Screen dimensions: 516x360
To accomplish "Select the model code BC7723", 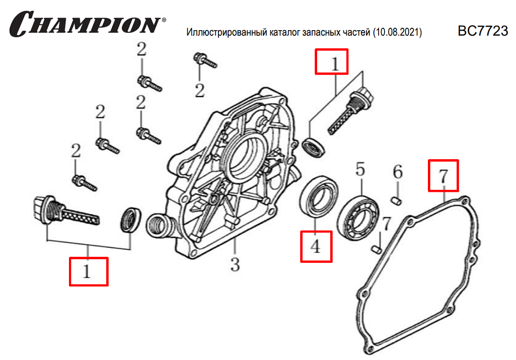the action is pyautogui.click(x=483, y=31).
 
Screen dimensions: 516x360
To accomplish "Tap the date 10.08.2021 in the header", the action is pyautogui.click(x=397, y=32).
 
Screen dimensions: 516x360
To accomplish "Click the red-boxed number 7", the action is pyautogui.click(x=444, y=176).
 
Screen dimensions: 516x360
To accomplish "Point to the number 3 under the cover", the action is pyautogui.click(x=235, y=264).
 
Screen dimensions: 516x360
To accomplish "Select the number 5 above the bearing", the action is pyautogui.click(x=360, y=169).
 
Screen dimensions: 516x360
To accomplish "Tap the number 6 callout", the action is pyautogui.click(x=398, y=172).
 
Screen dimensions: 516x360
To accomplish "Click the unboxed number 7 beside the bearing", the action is pyautogui.click(x=386, y=224).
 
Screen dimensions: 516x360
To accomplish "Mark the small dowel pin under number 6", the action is pyautogui.click(x=396, y=201).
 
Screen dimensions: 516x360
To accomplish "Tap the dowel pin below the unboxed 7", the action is pyautogui.click(x=377, y=249).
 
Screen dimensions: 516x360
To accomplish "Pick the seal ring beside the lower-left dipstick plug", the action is pyautogui.click(x=130, y=220).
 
